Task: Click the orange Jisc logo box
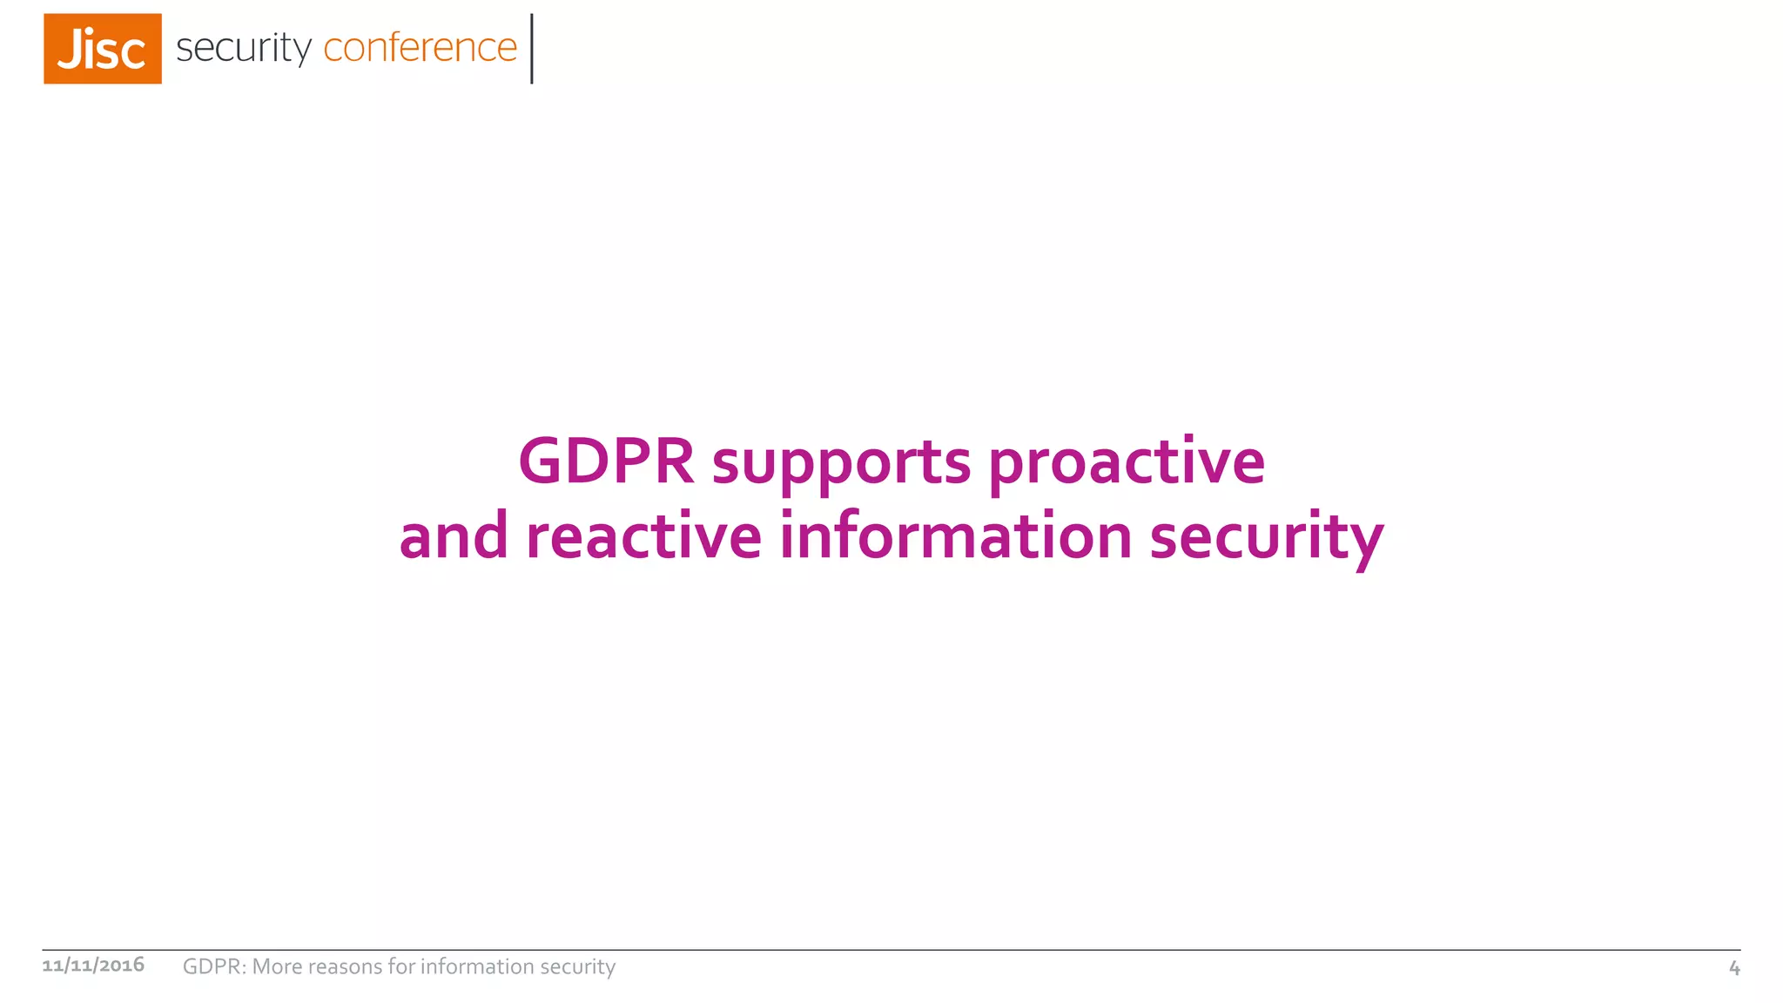pos(103,49)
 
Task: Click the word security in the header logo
pos(243,48)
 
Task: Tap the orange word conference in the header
pos(421,47)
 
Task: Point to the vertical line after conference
pos(532,49)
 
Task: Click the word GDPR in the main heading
pos(606,461)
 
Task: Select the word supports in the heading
pos(841,462)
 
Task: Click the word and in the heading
pos(454,535)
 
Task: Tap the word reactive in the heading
pos(643,535)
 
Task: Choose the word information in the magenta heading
pos(955,535)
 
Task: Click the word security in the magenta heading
pos(1267,537)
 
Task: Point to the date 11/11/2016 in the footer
pos(93,965)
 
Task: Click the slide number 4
pos(1734,967)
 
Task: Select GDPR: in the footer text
pos(214,966)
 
